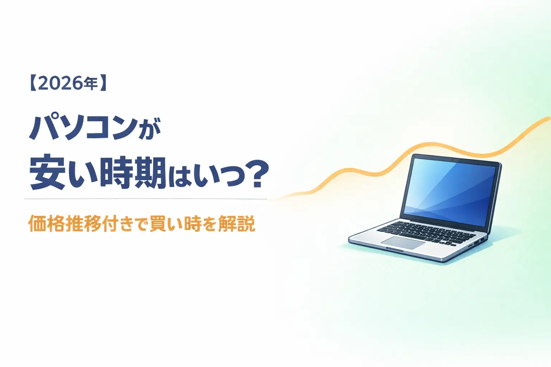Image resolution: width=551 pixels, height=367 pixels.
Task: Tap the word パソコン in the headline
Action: coord(83,128)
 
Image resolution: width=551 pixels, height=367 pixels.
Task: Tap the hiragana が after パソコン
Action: coord(149,130)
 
